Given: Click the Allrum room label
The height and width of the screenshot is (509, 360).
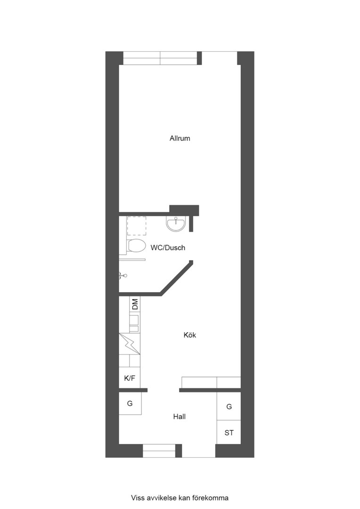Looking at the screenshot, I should click(180, 139).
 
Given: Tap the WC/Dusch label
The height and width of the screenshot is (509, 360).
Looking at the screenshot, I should click(168, 247).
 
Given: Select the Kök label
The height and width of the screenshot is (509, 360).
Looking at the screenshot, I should click(190, 335).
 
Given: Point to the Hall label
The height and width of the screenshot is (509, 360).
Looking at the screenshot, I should click(179, 417).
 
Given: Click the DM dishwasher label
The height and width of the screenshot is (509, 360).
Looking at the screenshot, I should click(135, 304).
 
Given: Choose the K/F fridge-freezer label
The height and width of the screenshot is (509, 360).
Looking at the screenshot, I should click(130, 378).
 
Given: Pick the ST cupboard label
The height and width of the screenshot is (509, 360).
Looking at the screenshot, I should click(229, 432).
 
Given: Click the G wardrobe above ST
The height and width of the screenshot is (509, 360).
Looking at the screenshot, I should click(229, 406).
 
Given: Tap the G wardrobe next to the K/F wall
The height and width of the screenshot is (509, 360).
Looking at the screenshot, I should click(130, 403).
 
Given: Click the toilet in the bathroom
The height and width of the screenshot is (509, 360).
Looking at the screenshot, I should click(136, 246).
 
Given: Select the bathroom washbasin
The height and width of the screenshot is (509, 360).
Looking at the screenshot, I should click(176, 224).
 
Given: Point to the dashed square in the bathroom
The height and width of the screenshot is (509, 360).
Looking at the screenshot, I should click(137, 226).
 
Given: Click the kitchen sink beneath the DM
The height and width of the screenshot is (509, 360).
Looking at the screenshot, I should click(134, 323).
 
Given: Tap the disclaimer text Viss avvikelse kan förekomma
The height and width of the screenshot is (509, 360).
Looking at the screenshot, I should click(180, 497).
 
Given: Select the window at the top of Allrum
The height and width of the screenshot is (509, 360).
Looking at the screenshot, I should click(160, 58).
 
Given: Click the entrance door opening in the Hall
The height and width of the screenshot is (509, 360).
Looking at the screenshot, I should click(198, 451).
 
